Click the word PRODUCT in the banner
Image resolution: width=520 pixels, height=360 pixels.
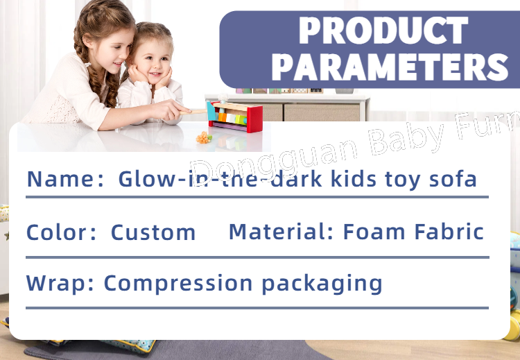tap(383, 30)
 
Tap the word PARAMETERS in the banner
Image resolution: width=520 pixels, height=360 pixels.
tap(390, 67)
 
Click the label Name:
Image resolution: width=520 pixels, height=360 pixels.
tap(65, 179)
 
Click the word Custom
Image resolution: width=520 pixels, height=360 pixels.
tap(153, 232)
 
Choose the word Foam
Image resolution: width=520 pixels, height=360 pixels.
tap(374, 231)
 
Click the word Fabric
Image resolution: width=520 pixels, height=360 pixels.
tap(449, 231)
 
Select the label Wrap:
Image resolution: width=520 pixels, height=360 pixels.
tap(60, 284)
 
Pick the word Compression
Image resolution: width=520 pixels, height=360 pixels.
tap(178, 284)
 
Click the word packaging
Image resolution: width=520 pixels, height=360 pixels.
tap(322, 284)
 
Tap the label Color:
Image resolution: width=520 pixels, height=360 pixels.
tap(61, 232)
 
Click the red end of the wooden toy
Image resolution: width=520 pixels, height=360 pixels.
tap(254, 119)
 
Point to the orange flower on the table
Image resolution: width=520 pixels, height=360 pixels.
tap(203, 137)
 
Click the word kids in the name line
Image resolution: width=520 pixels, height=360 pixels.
tap(354, 179)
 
